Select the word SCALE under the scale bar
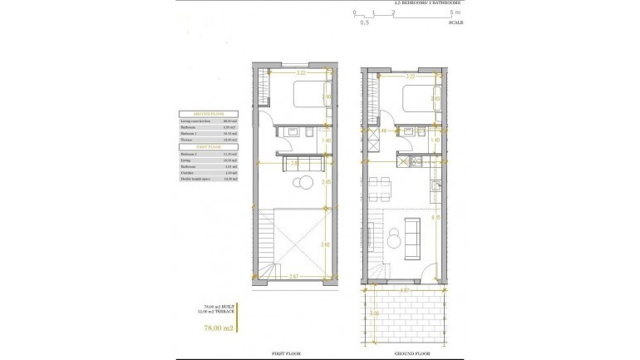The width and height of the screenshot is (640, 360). [455, 22]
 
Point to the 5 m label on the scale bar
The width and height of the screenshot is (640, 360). [453, 13]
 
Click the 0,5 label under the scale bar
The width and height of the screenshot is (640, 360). [364, 22]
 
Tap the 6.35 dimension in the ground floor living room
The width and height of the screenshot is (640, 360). [436, 218]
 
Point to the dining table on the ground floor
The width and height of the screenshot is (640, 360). [382, 197]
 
